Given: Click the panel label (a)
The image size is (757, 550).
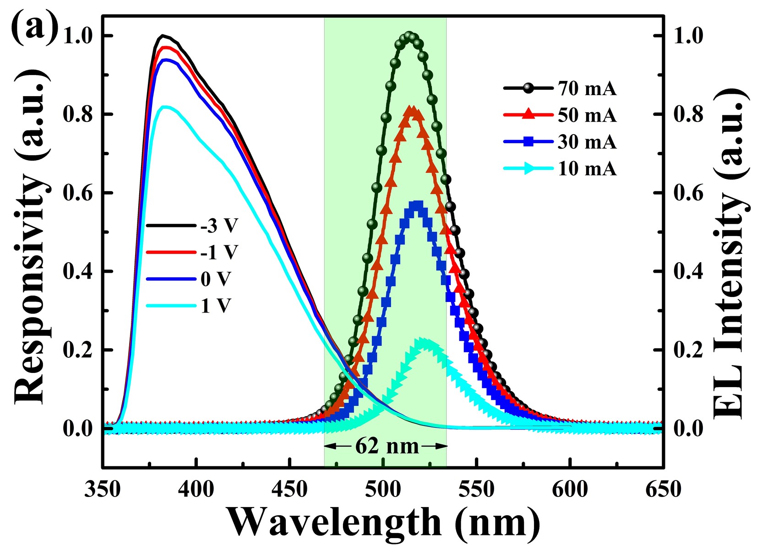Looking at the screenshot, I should (x=35, y=28).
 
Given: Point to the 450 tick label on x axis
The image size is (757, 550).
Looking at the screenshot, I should (x=289, y=490).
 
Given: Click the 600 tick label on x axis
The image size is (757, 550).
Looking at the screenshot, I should (x=570, y=490).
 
